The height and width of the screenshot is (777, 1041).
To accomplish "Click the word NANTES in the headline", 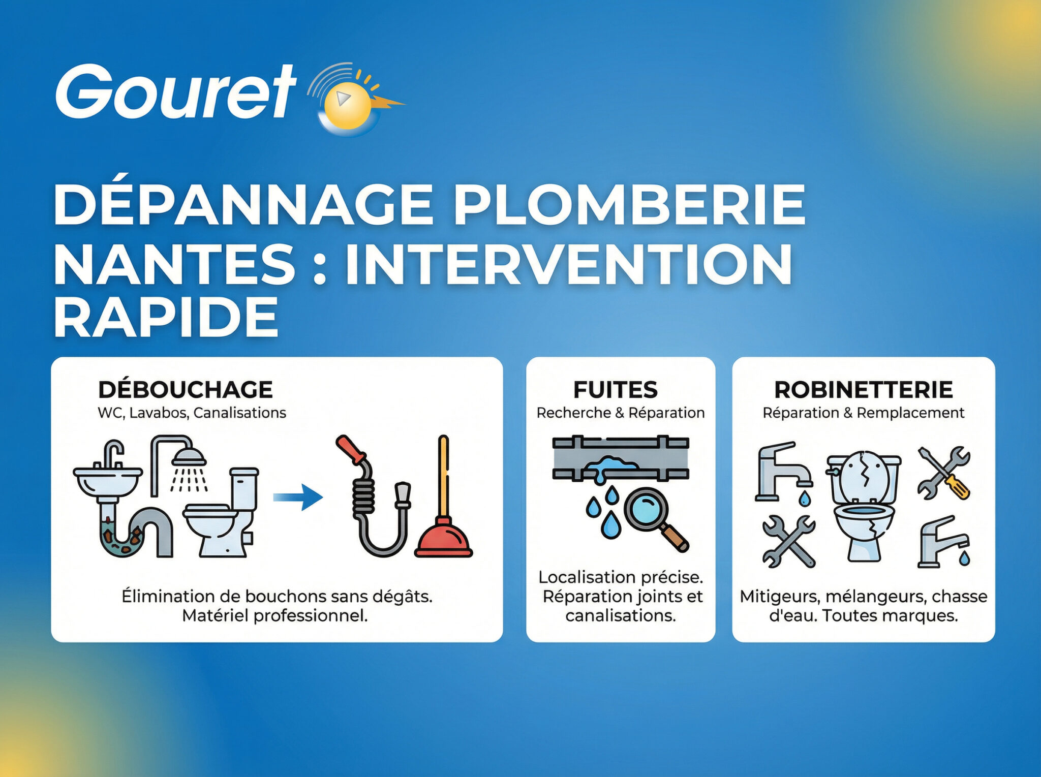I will pos(174,264).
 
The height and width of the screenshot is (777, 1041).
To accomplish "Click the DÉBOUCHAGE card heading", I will pos(186,390).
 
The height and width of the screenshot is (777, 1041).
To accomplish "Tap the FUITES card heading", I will pos(615,390).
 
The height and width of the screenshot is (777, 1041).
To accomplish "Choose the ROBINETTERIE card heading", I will pos(863,390).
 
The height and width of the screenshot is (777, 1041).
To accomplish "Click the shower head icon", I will pos(189,457).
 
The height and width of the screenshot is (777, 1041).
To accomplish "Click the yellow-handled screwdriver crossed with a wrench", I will pos(944,473).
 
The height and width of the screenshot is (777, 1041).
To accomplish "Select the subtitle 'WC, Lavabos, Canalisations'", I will pos(192,413).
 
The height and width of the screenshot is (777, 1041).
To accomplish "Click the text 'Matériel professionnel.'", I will pos(275,616).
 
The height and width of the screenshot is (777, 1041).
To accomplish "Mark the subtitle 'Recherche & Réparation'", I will pos(620,413).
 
